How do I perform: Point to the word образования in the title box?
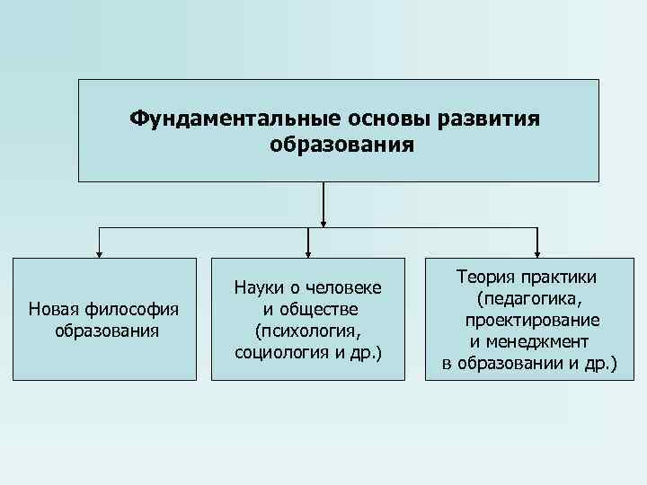pos(342,144)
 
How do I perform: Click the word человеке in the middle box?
pos(345,287)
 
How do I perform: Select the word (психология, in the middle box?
pos(308,331)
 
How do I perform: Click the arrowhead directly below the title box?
pos(323,221)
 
